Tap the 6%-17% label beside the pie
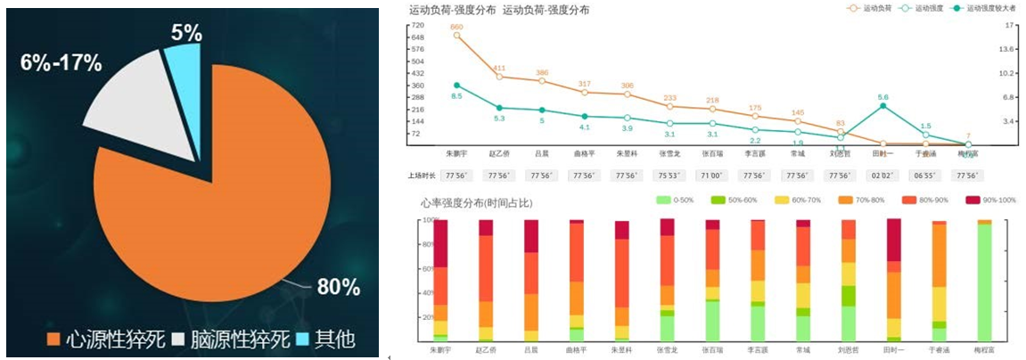(x=61, y=63)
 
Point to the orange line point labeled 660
(x=456, y=36)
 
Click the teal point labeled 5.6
(x=882, y=105)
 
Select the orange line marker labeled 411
(x=499, y=77)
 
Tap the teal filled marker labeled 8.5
(x=456, y=86)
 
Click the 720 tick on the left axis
(x=417, y=26)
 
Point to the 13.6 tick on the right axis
(x=1009, y=50)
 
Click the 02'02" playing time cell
(x=882, y=176)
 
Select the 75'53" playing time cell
(x=669, y=176)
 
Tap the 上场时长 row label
(x=419, y=176)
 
